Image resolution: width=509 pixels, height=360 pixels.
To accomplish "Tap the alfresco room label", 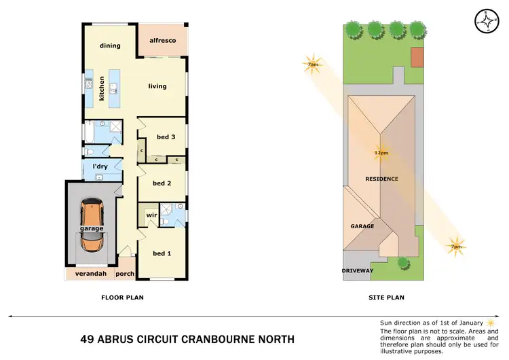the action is point(162,41).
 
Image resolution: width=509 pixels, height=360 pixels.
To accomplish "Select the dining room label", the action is point(110,46).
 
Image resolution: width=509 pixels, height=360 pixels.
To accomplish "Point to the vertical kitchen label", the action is point(102,88).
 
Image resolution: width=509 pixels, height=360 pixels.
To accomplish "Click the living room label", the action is point(158,86).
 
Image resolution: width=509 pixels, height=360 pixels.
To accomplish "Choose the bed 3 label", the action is point(166,137).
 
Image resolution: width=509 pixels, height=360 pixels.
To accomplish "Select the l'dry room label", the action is point(100,166).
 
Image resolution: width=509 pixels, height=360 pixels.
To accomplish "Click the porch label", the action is point(125,274).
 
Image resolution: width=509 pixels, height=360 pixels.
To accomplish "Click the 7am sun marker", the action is point(313,64).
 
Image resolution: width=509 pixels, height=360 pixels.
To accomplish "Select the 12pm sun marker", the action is point(381,153).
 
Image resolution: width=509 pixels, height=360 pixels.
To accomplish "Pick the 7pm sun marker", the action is point(456,246).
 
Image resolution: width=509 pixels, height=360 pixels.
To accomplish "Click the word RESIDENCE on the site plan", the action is point(382,179).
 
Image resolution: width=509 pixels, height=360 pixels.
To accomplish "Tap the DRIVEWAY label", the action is point(358,271).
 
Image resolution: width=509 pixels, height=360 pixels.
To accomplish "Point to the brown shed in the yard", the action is point(417,58).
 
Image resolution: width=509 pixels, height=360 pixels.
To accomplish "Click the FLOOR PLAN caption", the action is point(122,297).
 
